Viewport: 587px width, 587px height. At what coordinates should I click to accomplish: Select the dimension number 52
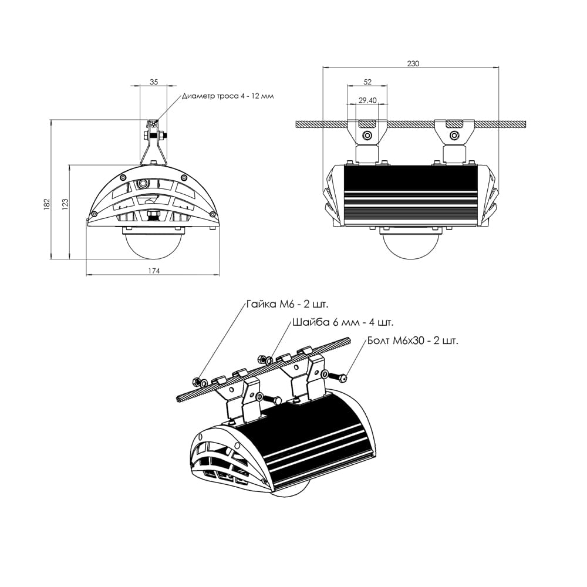[367, 82]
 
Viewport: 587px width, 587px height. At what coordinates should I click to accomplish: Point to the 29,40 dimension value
[367, 100]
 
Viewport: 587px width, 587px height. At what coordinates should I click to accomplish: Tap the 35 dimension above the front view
[154, 82]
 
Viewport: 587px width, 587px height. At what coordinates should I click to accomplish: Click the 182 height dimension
[47, 203]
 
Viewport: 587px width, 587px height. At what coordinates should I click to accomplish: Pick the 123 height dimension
[65, 203]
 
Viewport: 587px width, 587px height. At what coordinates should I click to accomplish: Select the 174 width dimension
[154, 271]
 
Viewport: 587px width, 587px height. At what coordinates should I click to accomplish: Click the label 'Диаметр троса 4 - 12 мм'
[228, 96]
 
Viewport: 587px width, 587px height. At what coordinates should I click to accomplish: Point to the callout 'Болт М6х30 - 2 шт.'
[413, 340]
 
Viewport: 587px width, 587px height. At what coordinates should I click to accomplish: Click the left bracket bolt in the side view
[367, 136]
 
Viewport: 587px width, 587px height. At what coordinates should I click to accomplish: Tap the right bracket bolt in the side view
[453, 136]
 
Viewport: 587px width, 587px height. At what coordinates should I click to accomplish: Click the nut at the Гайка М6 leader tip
[200, 382]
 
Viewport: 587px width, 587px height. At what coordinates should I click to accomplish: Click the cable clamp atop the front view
[153, 132]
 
